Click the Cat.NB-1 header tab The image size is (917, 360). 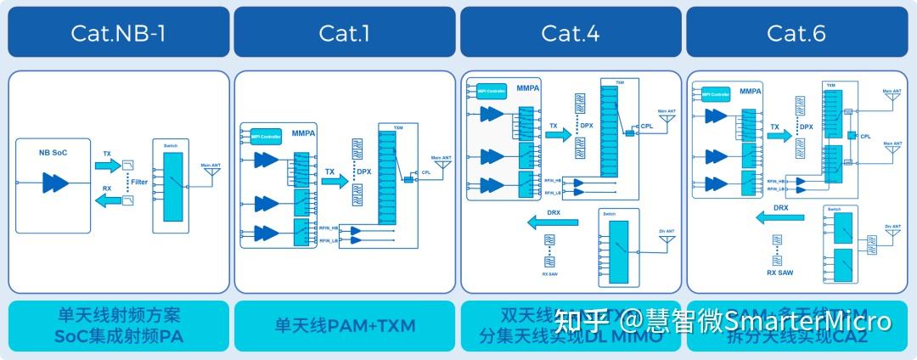pyautogui.click(x=118, y=32)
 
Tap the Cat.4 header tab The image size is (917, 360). pyautogui.click(x=571, y=32)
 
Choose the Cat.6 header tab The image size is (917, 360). pyautogui.click(x=796, y=32)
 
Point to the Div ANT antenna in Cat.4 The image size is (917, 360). pyautogui.click(x=667, y=239)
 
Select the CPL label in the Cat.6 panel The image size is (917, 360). pyautogui.click(x=865, y=136)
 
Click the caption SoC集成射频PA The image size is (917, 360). pyautogui.click(x=118, y=337)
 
